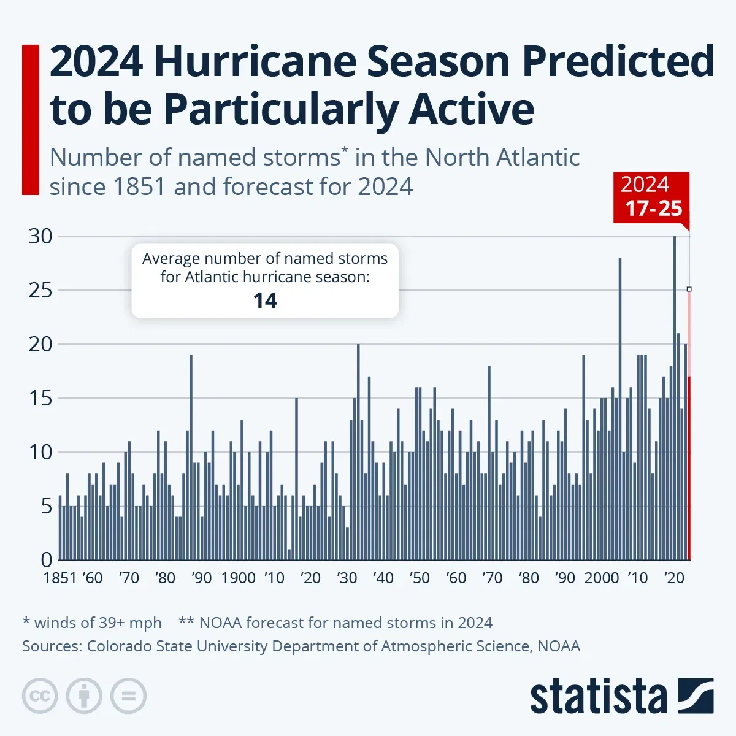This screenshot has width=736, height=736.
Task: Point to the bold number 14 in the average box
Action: click(x=265, y=301)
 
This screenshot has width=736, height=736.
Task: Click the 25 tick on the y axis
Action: click(x=40, y=290)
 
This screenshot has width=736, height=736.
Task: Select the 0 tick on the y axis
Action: click(x=47, y=559)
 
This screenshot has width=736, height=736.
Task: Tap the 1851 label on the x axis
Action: click(x=60, y=578)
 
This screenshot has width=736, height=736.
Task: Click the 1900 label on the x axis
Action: click(x=238, y=578)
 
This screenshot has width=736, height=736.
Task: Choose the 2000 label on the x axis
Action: click(x=602, y=578)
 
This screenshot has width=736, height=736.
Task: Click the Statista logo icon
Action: click(x=696, y=696)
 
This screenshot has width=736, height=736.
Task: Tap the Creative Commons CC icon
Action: click(x=40, y=696)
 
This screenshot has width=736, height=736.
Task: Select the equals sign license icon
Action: click(x=128, y=696)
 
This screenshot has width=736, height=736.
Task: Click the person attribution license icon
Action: click(x=84, y=696)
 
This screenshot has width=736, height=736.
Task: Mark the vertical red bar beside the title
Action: click(x=30, y=120)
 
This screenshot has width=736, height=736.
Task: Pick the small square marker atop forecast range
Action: click(x=689, y=289)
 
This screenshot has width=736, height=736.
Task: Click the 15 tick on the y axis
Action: click(x=40, y=398)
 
